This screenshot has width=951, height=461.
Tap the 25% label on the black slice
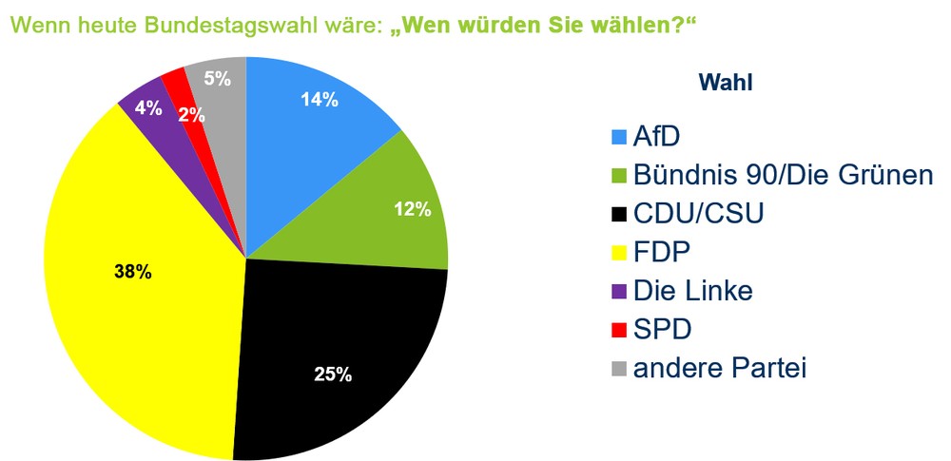[x=333, y=374]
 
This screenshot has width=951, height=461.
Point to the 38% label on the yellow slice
[x=132, y=272]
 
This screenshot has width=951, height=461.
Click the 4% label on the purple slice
[x=146, y=107]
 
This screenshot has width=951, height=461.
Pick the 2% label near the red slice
[x=189, y=114]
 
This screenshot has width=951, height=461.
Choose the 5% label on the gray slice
[x=218, y=79]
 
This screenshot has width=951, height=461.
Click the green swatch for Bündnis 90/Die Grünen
[x=617, y=176]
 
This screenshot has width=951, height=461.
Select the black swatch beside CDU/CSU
[x=617, y=214]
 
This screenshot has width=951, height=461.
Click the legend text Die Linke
[x=692, y=290]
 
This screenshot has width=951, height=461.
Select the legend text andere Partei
[x=719, y=367]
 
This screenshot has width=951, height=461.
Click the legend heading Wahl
[x=726, y=84]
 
